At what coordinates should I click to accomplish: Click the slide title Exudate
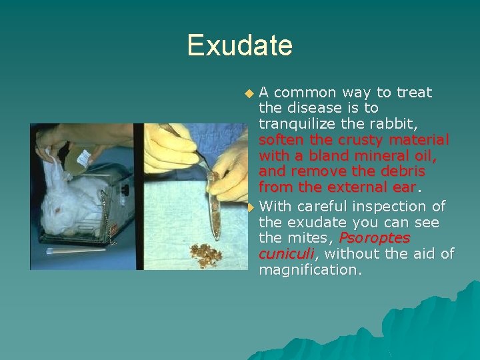(239, 45)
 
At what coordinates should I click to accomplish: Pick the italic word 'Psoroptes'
(374, 238)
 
